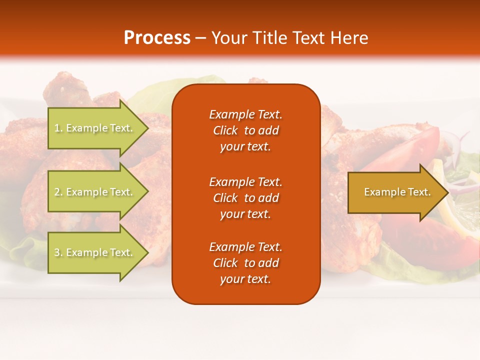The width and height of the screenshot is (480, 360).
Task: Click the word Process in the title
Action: [157, 38]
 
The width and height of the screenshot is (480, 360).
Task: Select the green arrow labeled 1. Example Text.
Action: [95, 128]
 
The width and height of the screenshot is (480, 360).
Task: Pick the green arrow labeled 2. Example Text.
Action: [95, 192]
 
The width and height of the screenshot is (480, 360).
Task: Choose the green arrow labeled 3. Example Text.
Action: [95, 252]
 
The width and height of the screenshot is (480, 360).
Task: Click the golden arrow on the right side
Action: [395, 192]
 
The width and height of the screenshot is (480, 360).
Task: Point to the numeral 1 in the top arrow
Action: [57, 128]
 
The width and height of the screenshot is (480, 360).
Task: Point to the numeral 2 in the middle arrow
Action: [57, 192]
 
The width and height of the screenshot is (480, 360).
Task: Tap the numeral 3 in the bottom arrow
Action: [57, 252]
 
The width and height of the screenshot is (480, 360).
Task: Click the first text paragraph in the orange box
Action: [245, 130]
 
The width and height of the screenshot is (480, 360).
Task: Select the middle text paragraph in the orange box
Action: [245, 198]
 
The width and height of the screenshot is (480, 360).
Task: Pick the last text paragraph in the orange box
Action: [245, 263]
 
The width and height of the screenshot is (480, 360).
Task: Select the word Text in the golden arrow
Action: [419, 192]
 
